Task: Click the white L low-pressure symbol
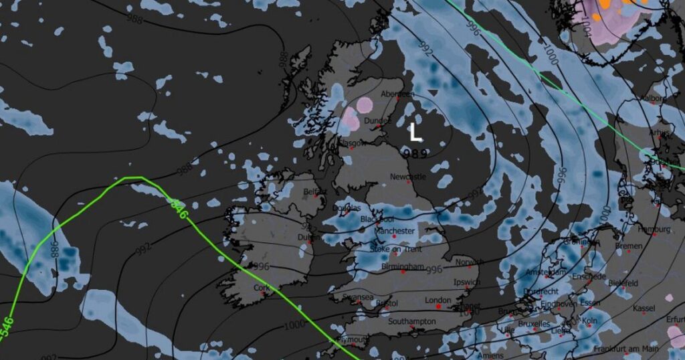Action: pos(415,132)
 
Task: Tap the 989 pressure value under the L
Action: pos(415,153)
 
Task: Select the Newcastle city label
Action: pos(407,177)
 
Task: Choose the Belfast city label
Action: pos(314,191)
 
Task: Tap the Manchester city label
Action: pos(395,231)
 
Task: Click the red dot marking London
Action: pos(439,306)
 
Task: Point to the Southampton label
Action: pos(413,322)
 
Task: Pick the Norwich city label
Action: pos(468,262)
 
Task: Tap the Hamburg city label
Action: pos(654,229)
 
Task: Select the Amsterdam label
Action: pos(546,272)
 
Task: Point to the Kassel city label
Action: pos(644,308)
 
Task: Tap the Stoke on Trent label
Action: pos(396,249)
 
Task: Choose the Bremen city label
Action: pos(629,246)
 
